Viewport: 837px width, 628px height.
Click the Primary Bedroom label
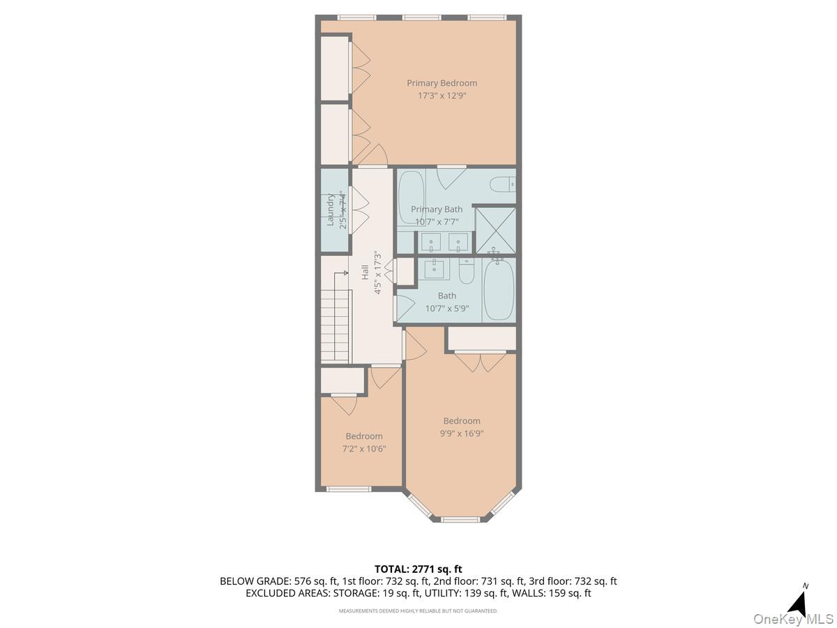click(x=442, y=83)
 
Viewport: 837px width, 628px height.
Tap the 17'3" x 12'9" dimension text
click(x=442, y=96)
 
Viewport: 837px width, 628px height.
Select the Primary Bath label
click(x=436, y=209)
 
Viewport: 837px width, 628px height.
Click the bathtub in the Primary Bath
click(x=411, y=197)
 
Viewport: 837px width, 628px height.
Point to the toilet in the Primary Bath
click(x=502, y=184)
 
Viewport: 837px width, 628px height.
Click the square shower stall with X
click(x=495, y=230)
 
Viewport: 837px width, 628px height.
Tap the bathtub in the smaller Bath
click(x=498, y=290)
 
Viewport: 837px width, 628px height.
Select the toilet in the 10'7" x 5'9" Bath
click(x=467, y=271)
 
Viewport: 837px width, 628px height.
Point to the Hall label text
click(x=365, y=272)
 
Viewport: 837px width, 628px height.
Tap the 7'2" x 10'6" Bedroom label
click(x=363, y=436)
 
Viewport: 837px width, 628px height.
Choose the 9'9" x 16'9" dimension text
click(x=461, y=433)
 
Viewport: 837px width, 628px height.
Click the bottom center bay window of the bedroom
click(x=461, y=519)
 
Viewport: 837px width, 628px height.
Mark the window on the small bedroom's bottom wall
click(x=349, y=488)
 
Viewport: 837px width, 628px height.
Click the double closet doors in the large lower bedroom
click(x=481, y=361)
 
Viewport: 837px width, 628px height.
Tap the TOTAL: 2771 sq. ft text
click(x=418, y=569)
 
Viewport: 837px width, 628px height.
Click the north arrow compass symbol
click(x=801, y=601)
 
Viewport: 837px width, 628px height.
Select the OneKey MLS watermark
click(x=795, y=618)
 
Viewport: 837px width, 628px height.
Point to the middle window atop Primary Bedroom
click(x=421, y=17)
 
